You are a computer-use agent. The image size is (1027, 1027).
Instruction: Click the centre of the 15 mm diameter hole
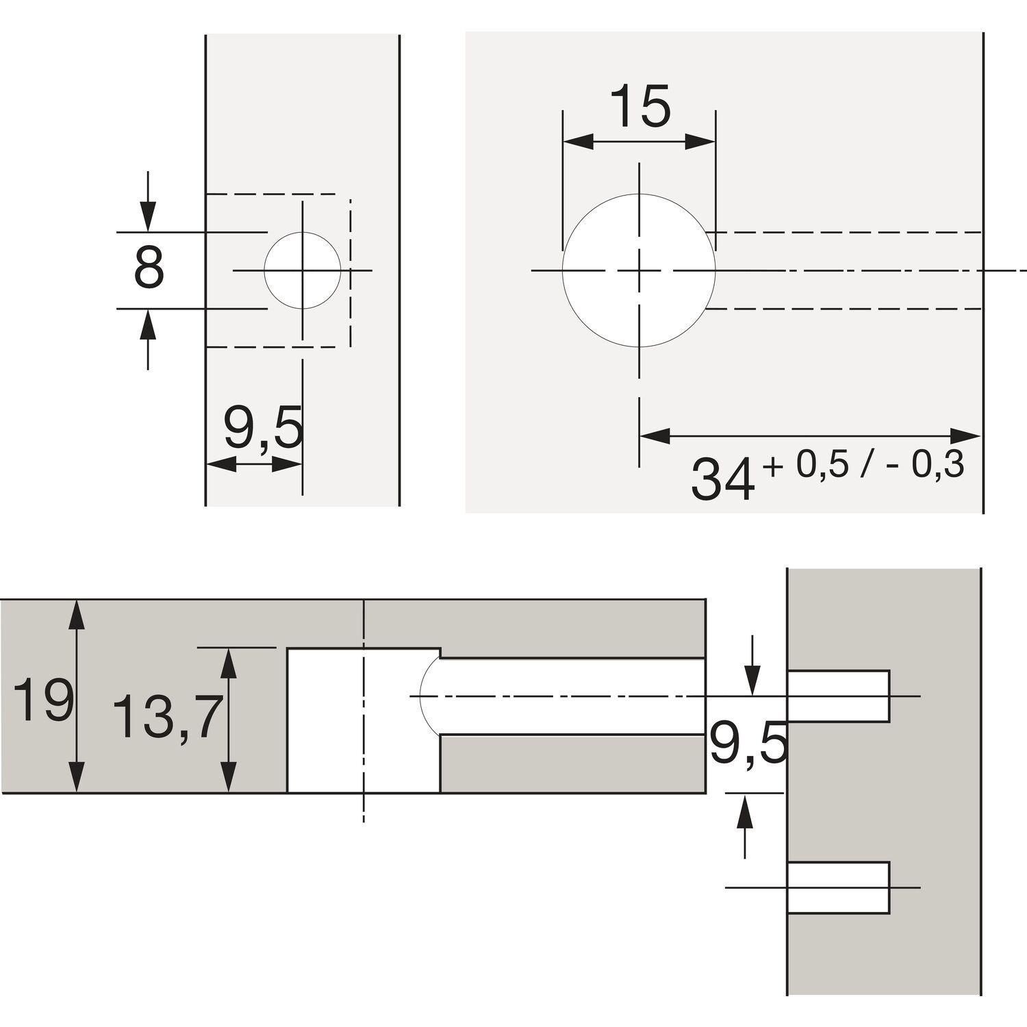(639, 271)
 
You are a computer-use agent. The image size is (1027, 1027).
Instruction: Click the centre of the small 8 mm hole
(302, 271)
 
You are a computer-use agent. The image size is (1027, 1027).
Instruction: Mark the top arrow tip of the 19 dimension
(78, 600)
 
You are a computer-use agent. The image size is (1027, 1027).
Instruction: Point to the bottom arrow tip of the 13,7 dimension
(230, 792)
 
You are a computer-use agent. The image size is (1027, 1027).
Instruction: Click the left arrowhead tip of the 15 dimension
(563, 142)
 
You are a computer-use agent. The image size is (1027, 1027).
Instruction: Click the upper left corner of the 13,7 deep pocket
(287, 648)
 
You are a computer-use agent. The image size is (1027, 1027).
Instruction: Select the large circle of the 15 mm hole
(639, 271)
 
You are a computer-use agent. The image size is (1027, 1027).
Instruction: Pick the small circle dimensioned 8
(302, 271)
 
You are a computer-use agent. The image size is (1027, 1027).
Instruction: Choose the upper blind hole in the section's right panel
(839, 696)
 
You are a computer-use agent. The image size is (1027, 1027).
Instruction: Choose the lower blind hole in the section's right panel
(839, 887)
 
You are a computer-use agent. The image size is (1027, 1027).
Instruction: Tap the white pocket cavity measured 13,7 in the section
(363, 720)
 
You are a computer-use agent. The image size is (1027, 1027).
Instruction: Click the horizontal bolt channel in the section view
(572, 696)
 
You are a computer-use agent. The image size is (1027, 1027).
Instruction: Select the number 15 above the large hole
(639, 107)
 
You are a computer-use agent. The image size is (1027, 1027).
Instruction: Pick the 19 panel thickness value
(43, 700)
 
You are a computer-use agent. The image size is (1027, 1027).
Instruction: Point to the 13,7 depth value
(166, 717)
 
